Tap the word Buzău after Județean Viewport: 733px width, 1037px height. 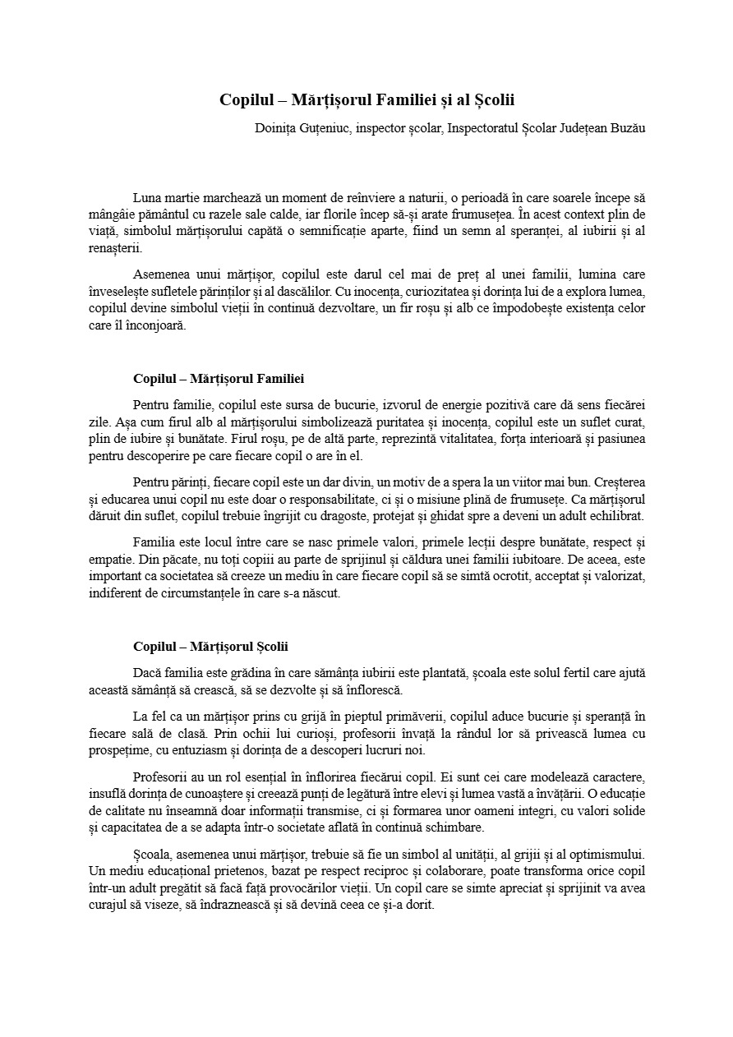(627, 128)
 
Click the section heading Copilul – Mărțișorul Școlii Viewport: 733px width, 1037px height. (210, 647)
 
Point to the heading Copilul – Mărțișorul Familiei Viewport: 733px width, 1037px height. (219, 379)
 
